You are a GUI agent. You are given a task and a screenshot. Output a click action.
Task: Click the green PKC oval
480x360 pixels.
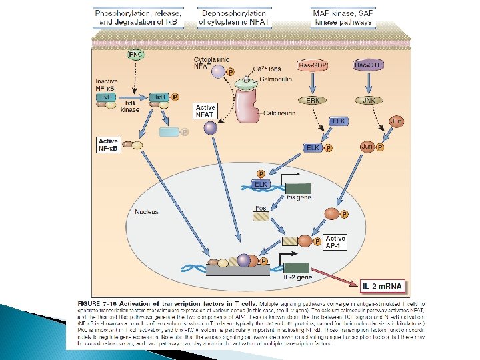point(136,54)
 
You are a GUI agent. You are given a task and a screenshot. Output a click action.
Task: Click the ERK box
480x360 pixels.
point(313,100)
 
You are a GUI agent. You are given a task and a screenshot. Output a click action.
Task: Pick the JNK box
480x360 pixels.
point(367,100)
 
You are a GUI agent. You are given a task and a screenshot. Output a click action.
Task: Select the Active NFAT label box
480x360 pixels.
point(206,111)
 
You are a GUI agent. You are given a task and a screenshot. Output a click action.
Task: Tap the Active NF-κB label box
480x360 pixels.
point(108,145)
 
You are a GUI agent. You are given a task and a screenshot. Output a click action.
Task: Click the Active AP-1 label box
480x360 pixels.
point(335,242)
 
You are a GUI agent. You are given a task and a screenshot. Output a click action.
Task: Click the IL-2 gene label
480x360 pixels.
point(298,277)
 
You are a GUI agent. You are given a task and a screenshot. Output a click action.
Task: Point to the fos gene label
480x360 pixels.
point(299,197)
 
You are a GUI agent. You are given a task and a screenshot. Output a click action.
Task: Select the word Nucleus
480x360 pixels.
point(147,212)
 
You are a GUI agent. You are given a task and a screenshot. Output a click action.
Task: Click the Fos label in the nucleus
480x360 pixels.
point(262,209)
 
